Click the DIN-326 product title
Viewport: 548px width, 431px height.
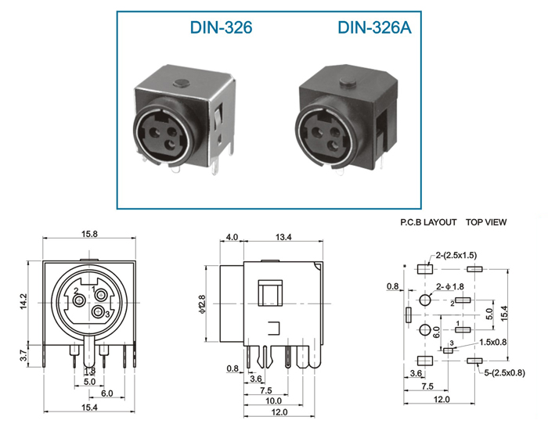click(x=221, y=27)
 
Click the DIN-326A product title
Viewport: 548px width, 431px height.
click(x=374, y=27)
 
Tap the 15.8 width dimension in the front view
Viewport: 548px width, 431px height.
click(x=89, y=234)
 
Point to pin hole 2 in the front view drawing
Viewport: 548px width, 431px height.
click(x=79, y=300)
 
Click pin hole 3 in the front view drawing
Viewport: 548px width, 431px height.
click(x=98, y=311)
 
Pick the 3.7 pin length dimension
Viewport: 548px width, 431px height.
click(x=23, y=356)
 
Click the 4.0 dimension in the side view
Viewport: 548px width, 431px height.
click(x=232, y=237)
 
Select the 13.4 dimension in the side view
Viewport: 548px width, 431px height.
click(x=283, y=237)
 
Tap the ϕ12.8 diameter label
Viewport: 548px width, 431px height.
click(x=202, y=303)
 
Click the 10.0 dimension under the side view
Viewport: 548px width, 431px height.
click(x=273, y=400)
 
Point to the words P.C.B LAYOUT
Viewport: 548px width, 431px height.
click(x=428, y=222)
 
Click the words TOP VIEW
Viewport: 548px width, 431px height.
click(x=486, y=222)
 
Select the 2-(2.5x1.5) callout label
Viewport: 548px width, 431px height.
click(x=456, y=255)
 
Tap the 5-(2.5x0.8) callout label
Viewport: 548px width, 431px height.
click(x=504, y=372)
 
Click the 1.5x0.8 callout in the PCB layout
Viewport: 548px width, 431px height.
click(x=492, y=342)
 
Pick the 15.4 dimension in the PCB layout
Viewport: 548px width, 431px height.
click(x=503, y=314)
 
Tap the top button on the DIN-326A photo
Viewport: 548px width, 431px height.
click(x=348, y=82)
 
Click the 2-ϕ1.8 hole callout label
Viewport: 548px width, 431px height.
click(x=450, y=287)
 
